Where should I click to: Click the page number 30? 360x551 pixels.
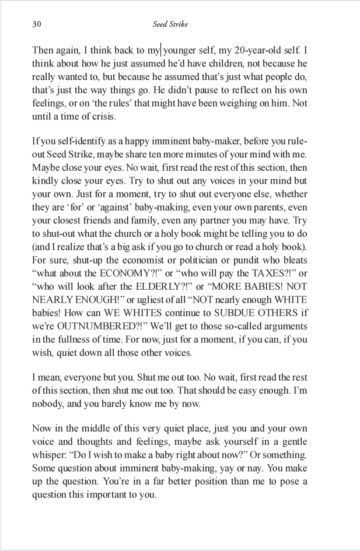36,24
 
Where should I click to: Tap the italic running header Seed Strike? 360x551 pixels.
170,24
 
